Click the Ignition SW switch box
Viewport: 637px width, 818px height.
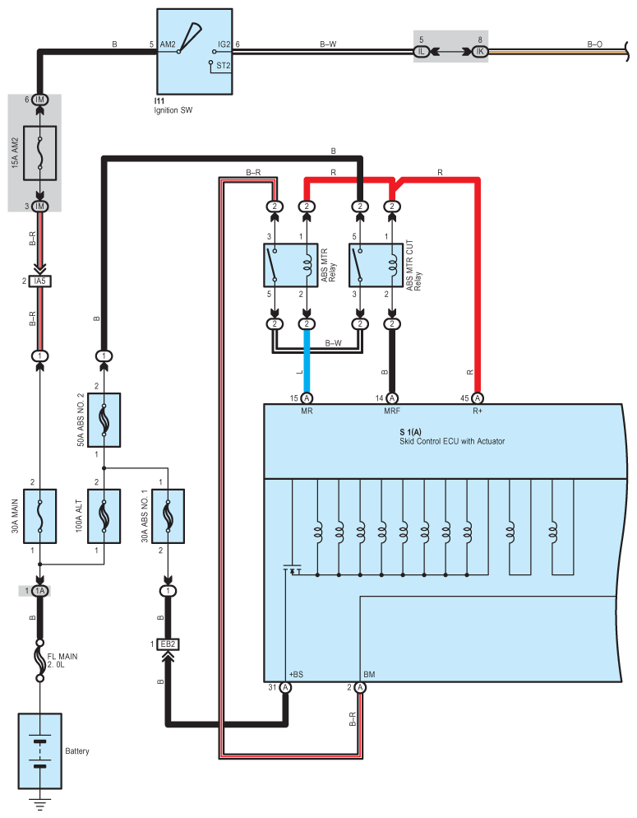[194, 52]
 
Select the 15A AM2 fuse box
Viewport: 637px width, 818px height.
[40, 153]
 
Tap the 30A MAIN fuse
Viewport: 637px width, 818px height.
[40, 516]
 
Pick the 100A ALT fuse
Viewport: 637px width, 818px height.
[104, 516]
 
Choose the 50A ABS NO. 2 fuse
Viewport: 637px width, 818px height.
[104, 420]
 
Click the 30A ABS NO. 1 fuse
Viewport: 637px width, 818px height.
[168, 516]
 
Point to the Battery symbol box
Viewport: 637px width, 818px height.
[40, 751]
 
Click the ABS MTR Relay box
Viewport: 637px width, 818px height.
[291, 265]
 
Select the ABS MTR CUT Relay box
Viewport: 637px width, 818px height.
[376, 265]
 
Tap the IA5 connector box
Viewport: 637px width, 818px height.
[40, 281]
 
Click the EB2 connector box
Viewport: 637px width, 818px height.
[168, 644]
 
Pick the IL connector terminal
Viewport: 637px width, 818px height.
[422, 52]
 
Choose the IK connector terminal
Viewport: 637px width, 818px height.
[480, 52]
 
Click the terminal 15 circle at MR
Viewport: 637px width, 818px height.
[307, 398]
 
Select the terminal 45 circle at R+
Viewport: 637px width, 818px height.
[477, 398]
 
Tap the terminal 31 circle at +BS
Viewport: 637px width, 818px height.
[285, 688]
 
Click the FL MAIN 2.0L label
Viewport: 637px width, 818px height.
[62, 661]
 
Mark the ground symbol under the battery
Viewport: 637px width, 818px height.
[40, 804]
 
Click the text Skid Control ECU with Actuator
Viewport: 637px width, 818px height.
[452, 441]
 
